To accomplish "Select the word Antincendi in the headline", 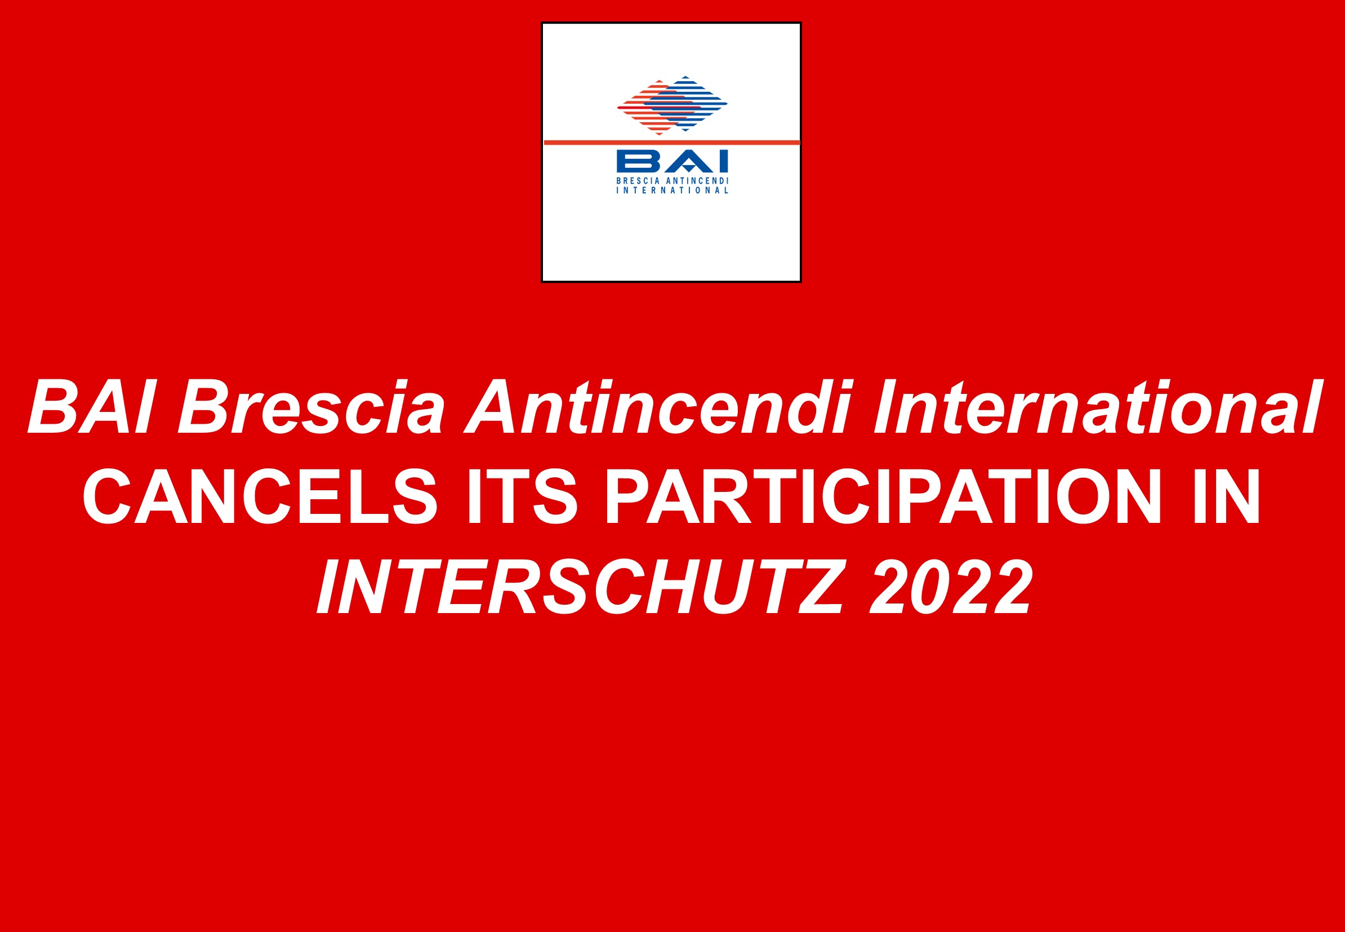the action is click(x=658, y=406).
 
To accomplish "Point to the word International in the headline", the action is click(x=1096, y=406).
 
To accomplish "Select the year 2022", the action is click(x=951, y=587).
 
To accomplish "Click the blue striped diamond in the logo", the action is click(x=689, y=103).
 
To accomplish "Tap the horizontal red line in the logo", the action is click(x=671, y=143).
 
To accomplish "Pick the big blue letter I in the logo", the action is click(x=724, y=162).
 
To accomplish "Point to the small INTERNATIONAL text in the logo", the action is click(x=672, y=190).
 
